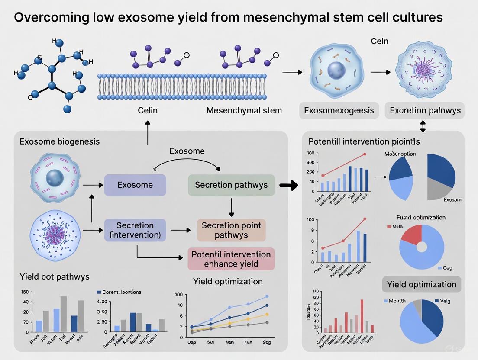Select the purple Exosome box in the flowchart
pos(135,185)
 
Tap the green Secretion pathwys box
pos(231,185)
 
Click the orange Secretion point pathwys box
pos(231,230)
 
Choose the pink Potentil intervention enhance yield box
pos(231,259)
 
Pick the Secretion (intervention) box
pos(135,230)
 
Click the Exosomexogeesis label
pos(339,110)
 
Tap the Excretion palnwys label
pos(425,110)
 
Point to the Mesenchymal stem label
pos(244,110)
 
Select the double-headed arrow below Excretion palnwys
pos(423,126)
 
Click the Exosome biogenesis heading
pos(59,141)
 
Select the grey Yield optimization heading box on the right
pos(421,284)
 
